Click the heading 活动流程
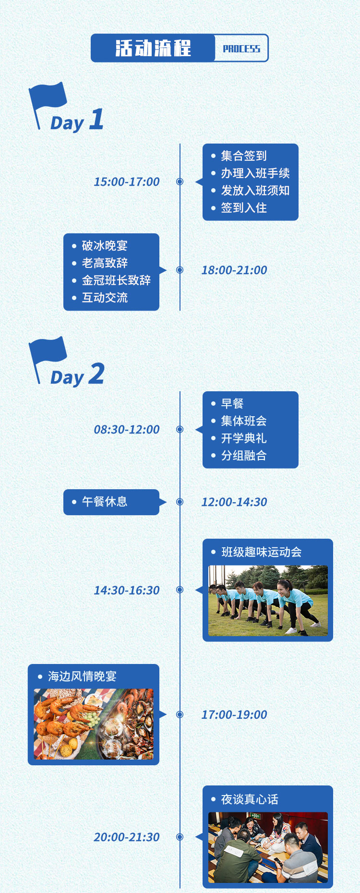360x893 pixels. [153, 48]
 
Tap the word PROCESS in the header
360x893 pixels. [241, 48]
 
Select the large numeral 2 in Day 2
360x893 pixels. [96, 374]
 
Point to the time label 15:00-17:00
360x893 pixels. [127, 181]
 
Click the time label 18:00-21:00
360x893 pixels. [234, 270]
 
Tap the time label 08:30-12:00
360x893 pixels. [127, 429]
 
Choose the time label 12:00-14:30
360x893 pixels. [234, 502]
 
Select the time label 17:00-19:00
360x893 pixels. [234, 714]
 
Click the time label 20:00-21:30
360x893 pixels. [127, 837]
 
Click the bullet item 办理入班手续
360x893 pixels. [255, 173]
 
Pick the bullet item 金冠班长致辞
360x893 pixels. [116, 280]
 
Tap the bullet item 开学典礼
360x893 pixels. [244, 438]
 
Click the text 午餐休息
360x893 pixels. [105, 502]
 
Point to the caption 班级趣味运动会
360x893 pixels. [262, 552]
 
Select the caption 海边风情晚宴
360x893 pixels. [83, 676]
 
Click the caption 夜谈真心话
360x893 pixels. [250, 799]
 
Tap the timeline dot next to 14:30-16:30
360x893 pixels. [180, 590]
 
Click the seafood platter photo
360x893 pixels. [94, 724]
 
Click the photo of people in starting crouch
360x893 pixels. [268, 601]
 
